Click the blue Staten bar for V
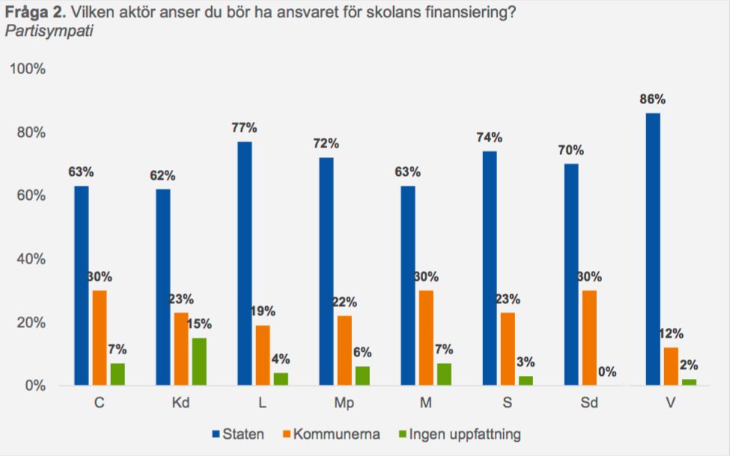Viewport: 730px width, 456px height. coord(652,249)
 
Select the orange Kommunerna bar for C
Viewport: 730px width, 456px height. coord(100,338)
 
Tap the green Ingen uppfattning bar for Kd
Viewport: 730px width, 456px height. coord(199,362)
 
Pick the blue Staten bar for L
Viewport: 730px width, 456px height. coord(244,264)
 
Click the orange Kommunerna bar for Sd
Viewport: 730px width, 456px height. coord(589,338)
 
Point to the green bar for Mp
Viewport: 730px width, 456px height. coord(362,376)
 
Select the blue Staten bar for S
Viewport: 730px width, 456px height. coord(490,268)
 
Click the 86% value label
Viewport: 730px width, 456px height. coord(652,100)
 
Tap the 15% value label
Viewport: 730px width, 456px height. coord(199,324)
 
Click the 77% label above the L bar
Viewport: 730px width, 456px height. coord(244,128)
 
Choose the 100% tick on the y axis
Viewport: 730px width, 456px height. coord(27,69)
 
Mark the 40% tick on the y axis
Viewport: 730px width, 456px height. coord(31,259)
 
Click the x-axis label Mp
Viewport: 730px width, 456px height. coord(344,403)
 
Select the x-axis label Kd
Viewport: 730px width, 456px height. coord(180,403)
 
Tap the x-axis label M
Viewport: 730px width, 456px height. coord(425,403)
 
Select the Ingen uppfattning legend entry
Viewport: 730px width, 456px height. coord(462,434)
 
